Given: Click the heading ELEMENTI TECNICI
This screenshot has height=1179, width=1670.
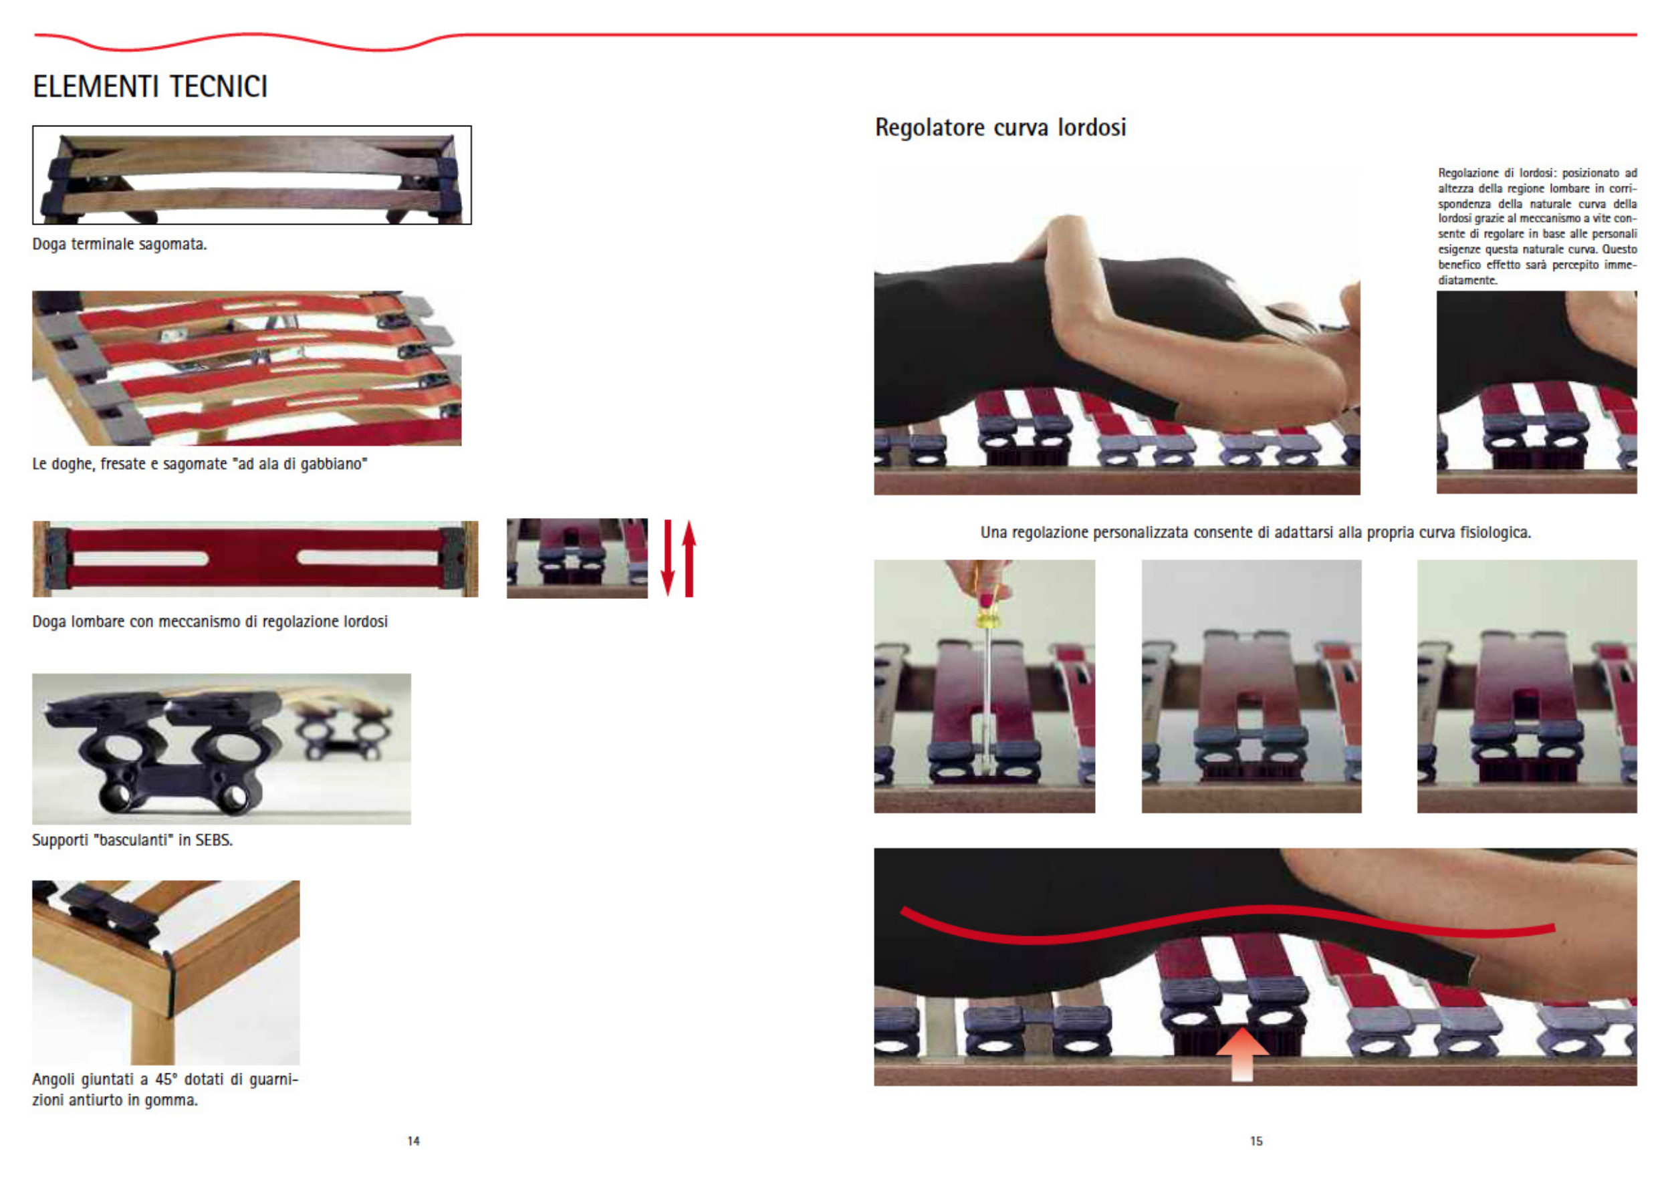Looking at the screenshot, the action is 150,86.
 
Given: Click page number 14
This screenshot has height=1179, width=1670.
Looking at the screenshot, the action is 413,1141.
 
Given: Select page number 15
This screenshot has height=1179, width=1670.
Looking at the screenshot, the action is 1256,1141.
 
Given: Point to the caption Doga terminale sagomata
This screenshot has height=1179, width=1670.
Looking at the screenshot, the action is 119,245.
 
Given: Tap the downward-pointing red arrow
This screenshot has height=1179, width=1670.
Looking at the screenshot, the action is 668,559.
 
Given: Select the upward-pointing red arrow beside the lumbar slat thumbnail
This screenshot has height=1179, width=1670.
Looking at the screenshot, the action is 689,559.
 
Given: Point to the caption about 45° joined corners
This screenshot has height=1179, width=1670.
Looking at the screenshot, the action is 165,1089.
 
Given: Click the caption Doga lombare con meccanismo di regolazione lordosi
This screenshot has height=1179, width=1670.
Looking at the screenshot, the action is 209,622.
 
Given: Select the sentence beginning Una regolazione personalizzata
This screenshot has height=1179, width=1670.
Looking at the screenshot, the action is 1256,533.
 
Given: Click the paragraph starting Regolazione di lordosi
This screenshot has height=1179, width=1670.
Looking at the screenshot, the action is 1537,226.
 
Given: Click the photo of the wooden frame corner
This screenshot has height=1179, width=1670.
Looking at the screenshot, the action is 166,972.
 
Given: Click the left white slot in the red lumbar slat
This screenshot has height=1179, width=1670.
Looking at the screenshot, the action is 140,559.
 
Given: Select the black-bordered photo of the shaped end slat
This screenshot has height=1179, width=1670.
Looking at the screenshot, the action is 251,175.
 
